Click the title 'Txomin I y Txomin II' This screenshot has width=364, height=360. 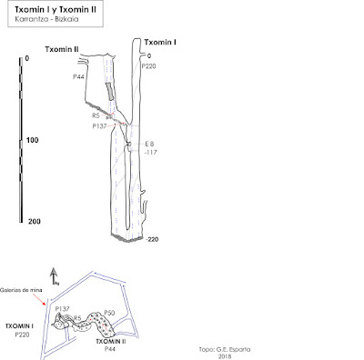[56, 10]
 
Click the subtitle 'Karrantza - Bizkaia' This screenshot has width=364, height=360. [46, 19]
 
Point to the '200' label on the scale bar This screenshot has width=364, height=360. [35, 222]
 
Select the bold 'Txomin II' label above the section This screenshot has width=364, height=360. [62, 49]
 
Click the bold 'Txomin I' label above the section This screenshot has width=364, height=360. [160, 42]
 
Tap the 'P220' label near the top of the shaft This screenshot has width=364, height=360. [148, 66]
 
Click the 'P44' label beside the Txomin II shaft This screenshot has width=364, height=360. [78, 77]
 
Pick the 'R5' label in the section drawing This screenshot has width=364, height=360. [96, 115]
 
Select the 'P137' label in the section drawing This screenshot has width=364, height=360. [99, 126]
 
